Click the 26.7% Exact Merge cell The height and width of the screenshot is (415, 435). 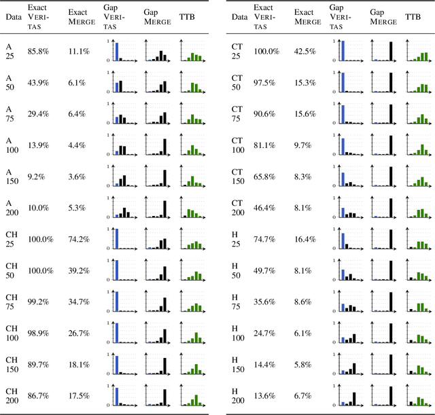tap(79, 333)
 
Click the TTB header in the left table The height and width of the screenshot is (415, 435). tap(186, 15)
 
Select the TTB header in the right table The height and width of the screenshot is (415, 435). tap(413, 15)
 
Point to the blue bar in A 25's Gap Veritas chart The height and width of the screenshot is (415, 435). tap(117, 52)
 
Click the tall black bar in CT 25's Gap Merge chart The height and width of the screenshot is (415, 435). tap(391, 52)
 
